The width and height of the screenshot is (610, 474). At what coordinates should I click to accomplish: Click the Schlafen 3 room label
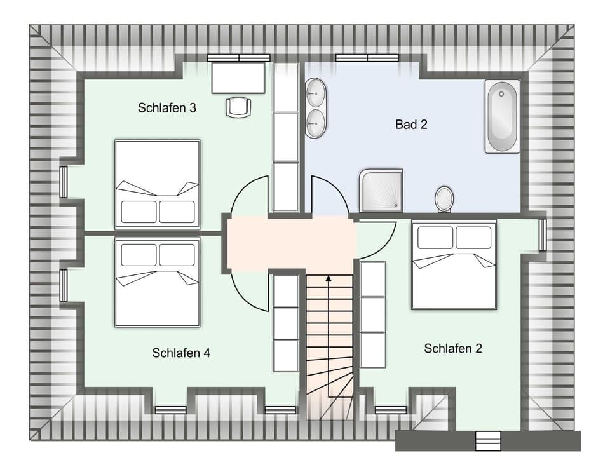(166, 108)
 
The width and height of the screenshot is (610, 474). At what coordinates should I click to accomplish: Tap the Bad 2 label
(411, 125)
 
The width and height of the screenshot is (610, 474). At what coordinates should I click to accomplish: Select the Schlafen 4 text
(181, 353)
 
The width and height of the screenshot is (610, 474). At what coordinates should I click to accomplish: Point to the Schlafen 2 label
(453, 348)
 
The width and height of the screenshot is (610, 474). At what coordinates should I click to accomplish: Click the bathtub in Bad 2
(502, 116)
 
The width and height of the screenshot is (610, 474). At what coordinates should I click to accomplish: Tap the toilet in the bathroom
(444, 199)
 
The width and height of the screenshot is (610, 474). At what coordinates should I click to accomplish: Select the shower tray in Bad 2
(381, 189)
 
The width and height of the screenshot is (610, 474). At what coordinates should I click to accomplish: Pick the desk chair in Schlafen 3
(238, 107)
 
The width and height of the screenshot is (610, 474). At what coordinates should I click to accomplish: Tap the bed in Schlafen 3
(158, 184)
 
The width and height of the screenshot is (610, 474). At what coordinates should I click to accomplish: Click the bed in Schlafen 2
(454, 264)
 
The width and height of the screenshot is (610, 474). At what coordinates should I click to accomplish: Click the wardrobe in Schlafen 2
(372, 315)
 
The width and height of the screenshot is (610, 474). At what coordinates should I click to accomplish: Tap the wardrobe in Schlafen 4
(285, 323)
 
